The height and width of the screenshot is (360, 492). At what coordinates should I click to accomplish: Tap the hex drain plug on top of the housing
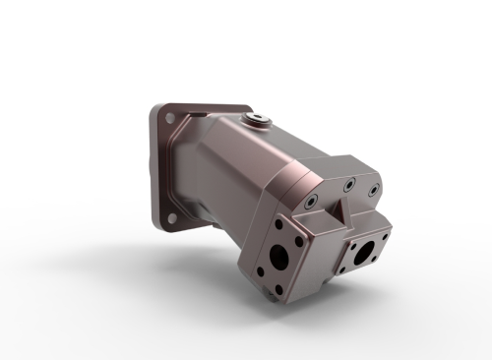click(x=259, y=121)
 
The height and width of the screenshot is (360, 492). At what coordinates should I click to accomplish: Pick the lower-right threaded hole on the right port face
click(x=373, y=262)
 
